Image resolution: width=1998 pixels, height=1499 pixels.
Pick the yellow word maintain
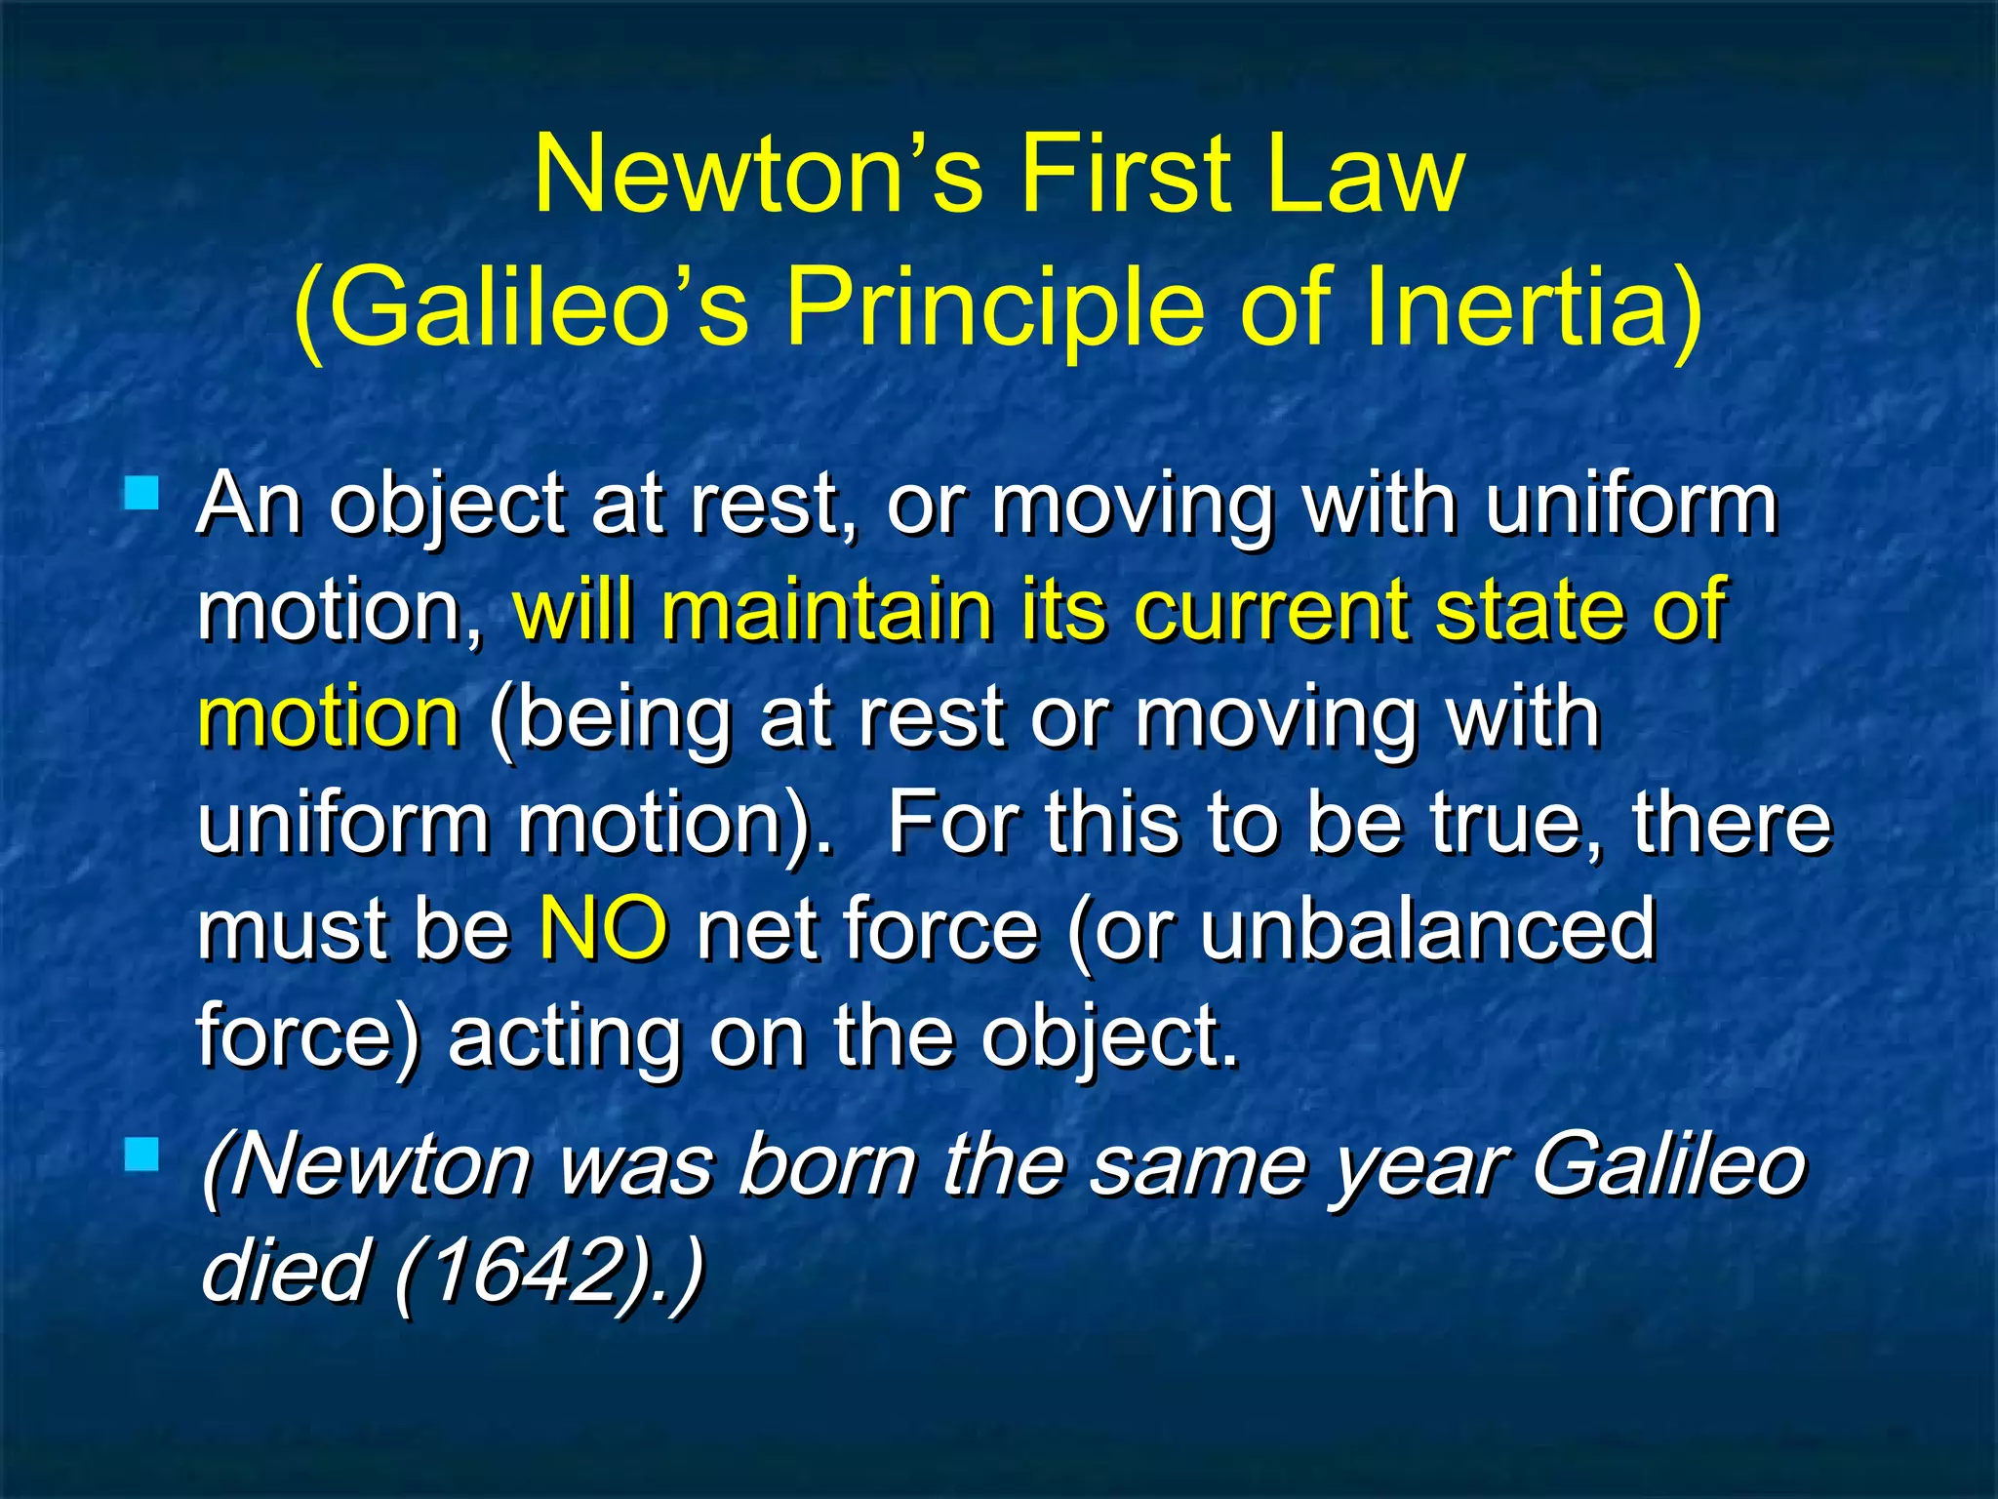824,610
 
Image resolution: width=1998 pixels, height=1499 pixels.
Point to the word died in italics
283,1270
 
